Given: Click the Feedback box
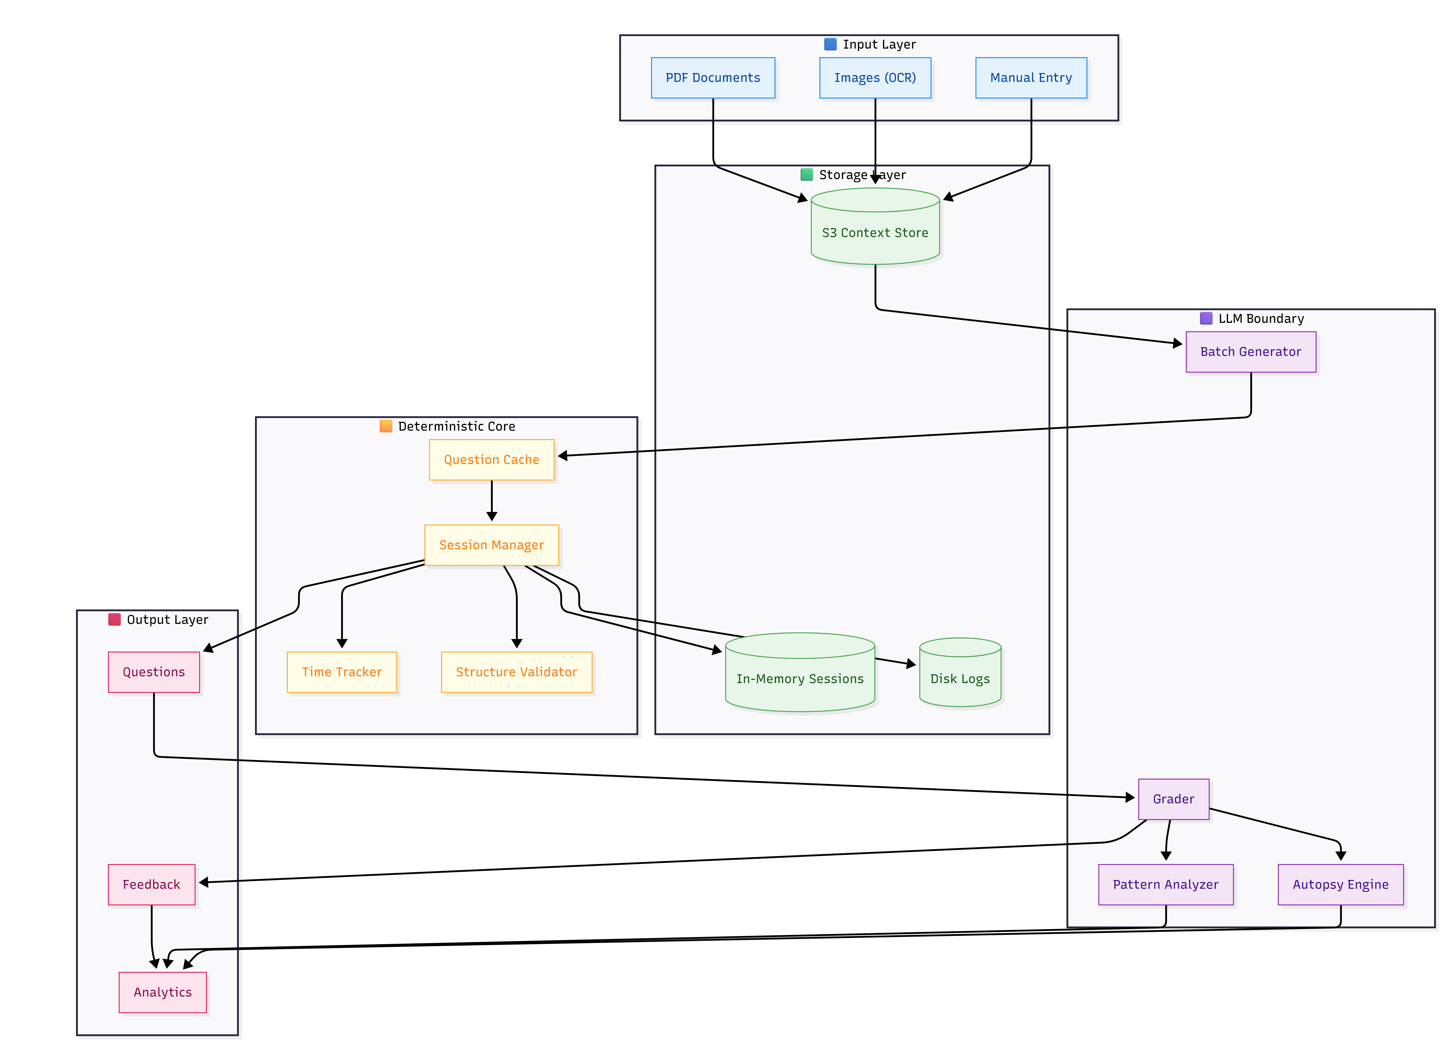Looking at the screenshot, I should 151,884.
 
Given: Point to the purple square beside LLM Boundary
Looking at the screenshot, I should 1206,318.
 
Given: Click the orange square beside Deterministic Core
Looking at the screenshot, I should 385,426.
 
